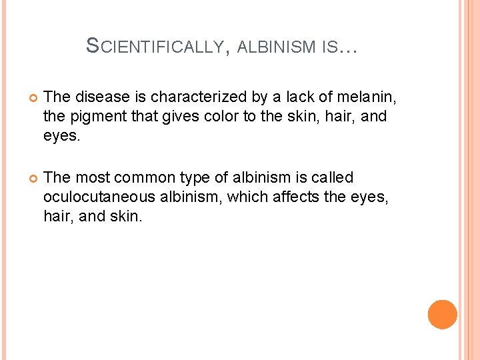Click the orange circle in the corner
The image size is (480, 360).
point(442,315)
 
